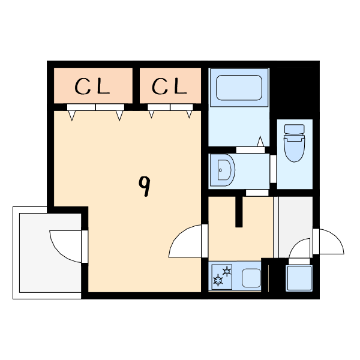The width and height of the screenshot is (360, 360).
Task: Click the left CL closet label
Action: click(x=92, y=86)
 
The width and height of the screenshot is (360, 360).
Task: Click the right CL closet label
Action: click(x=169, y=86)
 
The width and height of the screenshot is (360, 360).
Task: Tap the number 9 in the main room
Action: click(x=145, y=186)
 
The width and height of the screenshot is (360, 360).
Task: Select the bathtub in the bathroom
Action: click(x=239, y=88)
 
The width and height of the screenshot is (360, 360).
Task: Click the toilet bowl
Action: click(x=295, y=149)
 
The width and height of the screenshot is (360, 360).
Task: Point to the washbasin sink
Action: click(x=223, y=170)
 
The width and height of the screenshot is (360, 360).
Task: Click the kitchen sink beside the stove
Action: click(x=251, y=278)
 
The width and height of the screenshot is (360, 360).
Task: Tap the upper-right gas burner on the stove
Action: click(x=227, y=272)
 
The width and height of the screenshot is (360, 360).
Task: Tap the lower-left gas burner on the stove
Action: click(x=218, y=281)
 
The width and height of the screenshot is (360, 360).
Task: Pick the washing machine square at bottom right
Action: click(x=299, y=278)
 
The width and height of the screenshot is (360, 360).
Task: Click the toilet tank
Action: click(x=295, y=129)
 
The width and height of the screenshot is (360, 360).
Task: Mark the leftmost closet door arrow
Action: click(x=72, y=115)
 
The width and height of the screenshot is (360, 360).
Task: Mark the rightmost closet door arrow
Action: click(x=189, y=115)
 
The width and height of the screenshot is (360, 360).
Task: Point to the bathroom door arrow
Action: click(x=260, y=141)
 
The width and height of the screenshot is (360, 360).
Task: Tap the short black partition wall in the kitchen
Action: click(x=239, y=212)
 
